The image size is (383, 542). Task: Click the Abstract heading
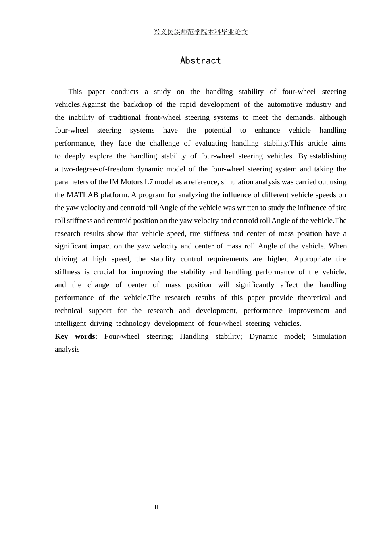[x=200, y=60]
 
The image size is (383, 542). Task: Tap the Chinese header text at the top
[x=200, y=32]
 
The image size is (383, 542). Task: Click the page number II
[x=156, y=507]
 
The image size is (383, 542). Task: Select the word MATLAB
[x=82, y=195]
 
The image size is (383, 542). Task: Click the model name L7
[x=149, y=182]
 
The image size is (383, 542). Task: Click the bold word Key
[x=61, y=336]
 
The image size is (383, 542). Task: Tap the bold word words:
[x=86, y=336]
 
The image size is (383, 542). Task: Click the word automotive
[x=283, y=104]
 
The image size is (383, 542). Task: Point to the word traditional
[x=125, y=117]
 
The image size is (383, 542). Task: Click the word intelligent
[x=70, y=323]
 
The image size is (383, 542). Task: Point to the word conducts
[x=125, y=92]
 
